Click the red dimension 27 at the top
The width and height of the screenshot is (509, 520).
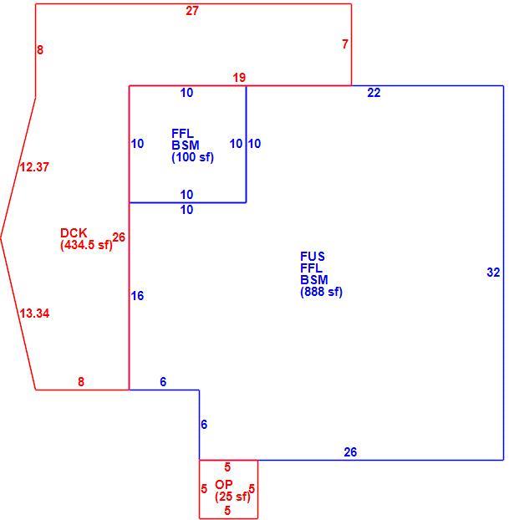click(x=192, y=11)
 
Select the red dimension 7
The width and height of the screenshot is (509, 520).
click(x=345, y=44)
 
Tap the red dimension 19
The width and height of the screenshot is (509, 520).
click(x=239, y=78)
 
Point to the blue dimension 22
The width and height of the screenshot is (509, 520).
click(x=374, y=93)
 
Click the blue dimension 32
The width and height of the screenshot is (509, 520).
click(x=493, y=273)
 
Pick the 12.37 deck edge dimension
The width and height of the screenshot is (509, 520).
click(x=34, y=167)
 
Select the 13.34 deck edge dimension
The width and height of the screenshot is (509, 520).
click(x=34, y=314)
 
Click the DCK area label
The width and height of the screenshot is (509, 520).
click(x=74, y=232)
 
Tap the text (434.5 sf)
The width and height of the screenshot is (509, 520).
click(x=86, y=245)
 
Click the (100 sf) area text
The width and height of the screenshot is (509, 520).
click(x=193, y=157)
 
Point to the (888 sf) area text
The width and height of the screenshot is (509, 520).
click(x=321, y=292)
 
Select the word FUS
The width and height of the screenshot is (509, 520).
click(x=313, y=257)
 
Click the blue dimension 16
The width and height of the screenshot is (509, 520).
click(x=137, y=296)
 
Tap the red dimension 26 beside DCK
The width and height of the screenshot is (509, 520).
click(x=119, y=237)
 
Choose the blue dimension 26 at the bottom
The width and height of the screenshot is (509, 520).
click(x=350, y=452)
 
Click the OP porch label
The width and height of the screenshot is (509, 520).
click(x=224, y=485)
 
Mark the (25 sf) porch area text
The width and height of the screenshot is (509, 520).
click(x=232, y=497)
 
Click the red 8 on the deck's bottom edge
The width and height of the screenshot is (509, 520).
click(x=81, y=382)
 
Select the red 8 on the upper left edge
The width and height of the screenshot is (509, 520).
click(x=40, y=50)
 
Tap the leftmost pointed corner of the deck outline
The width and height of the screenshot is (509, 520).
click(x=1, y=237)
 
